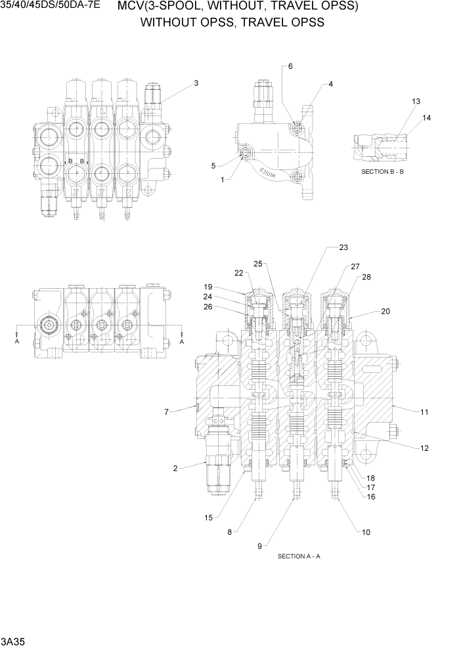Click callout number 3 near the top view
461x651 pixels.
pos(196,83)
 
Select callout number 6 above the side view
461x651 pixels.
pos(290,67)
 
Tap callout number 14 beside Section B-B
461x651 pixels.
pos(427,118)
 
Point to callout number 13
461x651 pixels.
pos(416,102)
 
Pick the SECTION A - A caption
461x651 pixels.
pos(299,556)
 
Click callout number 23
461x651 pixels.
pos(343,247)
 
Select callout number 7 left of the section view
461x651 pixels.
pos(167,412)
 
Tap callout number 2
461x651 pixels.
pos(175,468)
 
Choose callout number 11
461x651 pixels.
pos(424,412)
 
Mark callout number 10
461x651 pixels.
pos(366,532)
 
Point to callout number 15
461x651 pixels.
pos(208,518)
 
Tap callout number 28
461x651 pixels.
pos(366,277)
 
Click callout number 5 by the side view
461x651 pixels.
pos(213,166)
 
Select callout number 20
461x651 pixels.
pos(385,311)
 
